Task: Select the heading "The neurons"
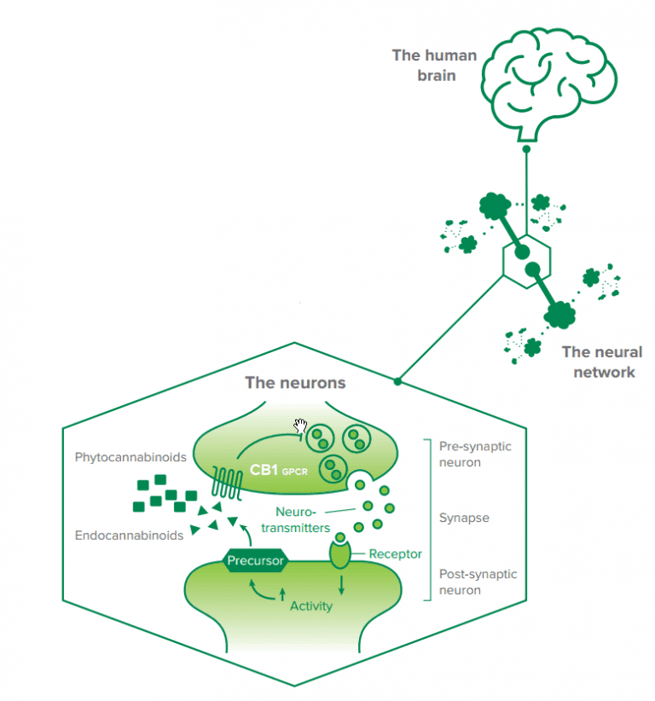click(295, 383)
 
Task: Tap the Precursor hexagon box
click(254, 561)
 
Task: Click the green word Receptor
click(395, 553)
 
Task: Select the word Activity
click(310, 605)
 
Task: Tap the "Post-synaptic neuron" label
click(477, 582)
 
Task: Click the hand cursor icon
click(301, 426)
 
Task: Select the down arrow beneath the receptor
click(342, 585)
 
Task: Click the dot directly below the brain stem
click(526, 149)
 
